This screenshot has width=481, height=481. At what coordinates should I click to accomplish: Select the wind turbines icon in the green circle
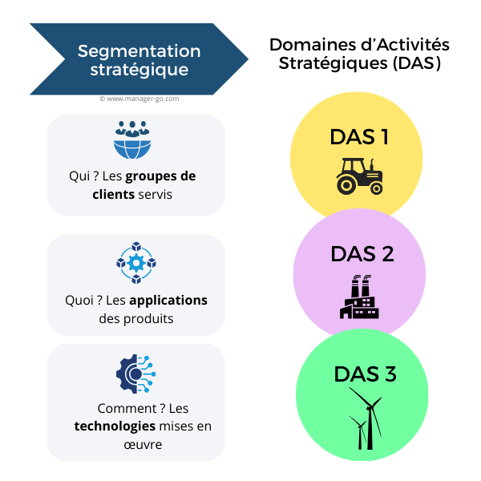point(365,419)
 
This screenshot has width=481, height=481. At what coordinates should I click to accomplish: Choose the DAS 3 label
point(366,374)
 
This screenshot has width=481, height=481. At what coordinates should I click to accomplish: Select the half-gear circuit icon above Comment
point(135,372)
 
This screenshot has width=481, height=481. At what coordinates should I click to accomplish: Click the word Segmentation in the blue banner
point(139,51)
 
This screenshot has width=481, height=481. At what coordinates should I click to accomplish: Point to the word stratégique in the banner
point(139,70)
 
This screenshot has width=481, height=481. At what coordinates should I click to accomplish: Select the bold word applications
point(168,301)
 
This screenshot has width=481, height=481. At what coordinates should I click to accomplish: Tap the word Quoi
point(79,301)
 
